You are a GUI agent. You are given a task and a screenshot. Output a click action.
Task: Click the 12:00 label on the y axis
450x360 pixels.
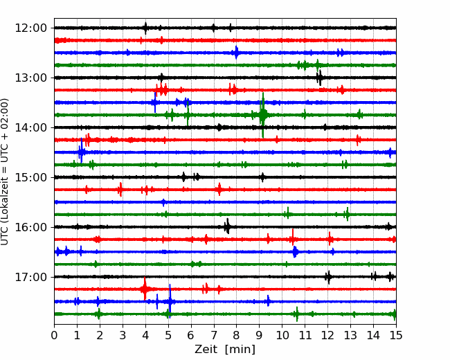tap(30, 28)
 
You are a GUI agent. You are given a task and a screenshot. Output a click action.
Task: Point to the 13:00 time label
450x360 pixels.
tap(30, 78)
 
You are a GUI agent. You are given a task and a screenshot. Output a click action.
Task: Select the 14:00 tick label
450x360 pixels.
tap(30, 127)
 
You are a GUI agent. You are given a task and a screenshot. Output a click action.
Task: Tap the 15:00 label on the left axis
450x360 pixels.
tap(30, 177)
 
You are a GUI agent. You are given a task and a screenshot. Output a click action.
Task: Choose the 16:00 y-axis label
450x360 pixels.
tap(30, 227)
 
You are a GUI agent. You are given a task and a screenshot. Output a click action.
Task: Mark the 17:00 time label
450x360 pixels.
tap(30, 277)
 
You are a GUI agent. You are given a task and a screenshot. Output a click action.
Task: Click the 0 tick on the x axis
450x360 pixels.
tap(54, 335)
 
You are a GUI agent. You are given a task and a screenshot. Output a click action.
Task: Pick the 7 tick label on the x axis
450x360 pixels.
tap(214, 335)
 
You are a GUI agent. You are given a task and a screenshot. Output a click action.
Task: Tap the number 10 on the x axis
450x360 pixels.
tap(282, 335)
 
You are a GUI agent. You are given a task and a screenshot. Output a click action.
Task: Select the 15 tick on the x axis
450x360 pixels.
tap(396, 335)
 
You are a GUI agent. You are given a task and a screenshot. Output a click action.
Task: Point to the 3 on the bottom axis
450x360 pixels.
tap(123, 335)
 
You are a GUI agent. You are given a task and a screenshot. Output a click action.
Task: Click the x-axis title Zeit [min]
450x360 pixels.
tap(225, 350)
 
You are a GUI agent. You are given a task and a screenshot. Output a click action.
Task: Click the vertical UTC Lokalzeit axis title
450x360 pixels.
tap(5, 172)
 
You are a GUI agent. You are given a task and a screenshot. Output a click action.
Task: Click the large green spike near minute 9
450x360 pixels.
tap(262, 115)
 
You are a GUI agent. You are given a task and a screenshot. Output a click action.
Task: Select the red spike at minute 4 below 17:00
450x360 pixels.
tap(145, 289)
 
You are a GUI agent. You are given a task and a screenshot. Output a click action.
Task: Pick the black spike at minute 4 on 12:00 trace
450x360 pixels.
tap(145, 28)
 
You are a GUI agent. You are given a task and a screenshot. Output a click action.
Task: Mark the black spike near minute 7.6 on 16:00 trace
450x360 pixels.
tap(227, 226)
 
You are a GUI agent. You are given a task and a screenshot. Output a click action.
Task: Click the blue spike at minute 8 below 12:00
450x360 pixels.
tap(236, 53)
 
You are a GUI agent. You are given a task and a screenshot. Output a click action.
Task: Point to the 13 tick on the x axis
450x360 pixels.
tap(350, 335)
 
